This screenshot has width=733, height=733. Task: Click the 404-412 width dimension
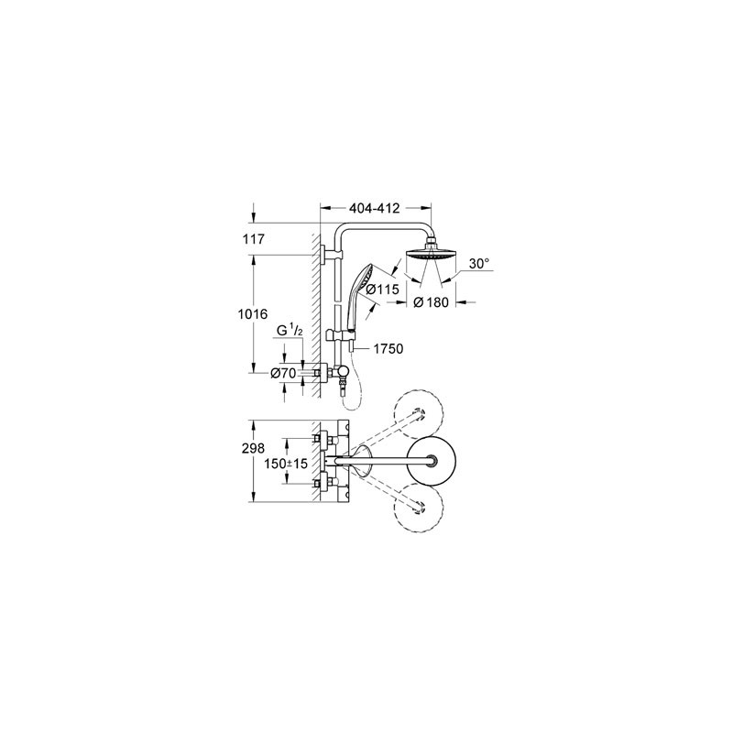(375, 208)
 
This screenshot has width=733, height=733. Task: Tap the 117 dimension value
(254, 239)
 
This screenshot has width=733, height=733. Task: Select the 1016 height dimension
(253, 313)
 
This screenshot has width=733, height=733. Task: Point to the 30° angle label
(478, 264)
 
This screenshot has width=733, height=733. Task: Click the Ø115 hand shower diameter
(382, 290)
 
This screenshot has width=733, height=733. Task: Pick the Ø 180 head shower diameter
(431, 303)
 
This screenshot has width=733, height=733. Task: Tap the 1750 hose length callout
(388, 349)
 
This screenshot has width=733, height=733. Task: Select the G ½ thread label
(290, 331)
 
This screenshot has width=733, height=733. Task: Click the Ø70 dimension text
(283, 373)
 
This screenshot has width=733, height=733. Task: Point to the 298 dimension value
(253, 449)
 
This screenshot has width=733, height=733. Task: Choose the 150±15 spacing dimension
(286, 465)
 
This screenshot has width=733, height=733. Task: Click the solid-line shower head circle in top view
(432, 461)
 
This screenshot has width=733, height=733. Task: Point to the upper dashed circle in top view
(418, 411)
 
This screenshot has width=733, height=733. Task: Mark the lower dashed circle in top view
(418, 509)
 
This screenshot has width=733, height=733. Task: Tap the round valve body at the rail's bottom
(342, 373)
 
